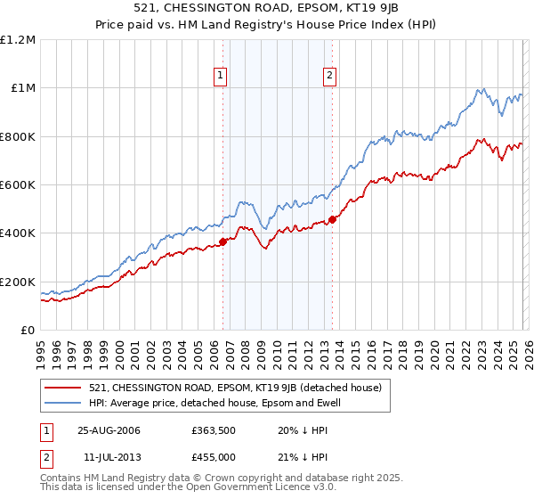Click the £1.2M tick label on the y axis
point(18,40)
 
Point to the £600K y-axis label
point(18,185)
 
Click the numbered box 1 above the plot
point(221,77)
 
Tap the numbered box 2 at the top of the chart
point(329,77)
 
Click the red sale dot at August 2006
point(223,241)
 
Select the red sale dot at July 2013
point(332,219)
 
